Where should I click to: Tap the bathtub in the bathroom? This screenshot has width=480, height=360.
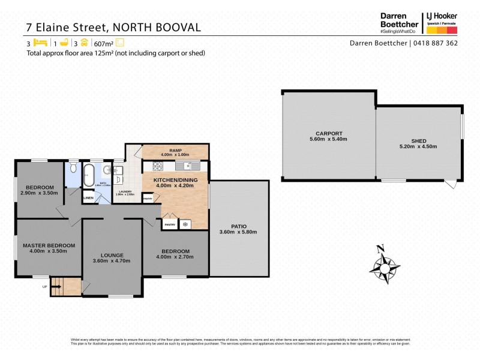click(89, 173)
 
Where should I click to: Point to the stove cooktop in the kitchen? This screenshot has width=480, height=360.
click(186, 224)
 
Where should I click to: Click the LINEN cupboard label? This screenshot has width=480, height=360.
click(88, 197)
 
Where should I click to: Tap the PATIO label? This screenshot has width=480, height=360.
click(238, 226)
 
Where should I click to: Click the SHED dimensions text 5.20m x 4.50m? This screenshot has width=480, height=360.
click(418, 146)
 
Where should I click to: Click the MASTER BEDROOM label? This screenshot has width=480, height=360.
click(49, 245)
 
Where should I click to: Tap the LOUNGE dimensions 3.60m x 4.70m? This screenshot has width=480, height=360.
click(112, 261)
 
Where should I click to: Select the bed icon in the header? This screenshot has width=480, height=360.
click(40, 43)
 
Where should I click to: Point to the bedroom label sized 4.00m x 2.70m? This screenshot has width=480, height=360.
click(175, 251)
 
